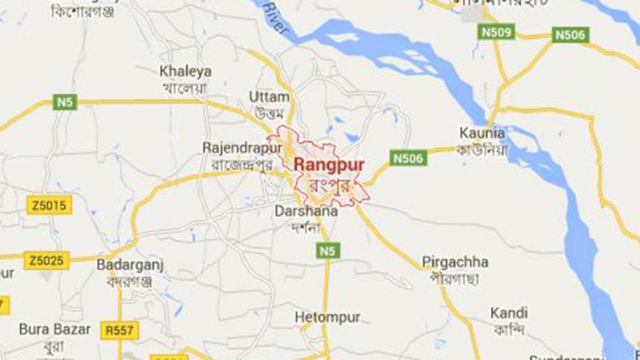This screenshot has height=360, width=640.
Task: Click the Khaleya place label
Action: [186, 72]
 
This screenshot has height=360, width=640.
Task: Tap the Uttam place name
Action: [268, 98]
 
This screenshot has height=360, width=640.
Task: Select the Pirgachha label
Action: [455, 262]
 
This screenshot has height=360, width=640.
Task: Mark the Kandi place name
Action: [509, 313]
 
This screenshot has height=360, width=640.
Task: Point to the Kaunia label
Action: [481, 134]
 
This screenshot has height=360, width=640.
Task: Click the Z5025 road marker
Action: [47, 261]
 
